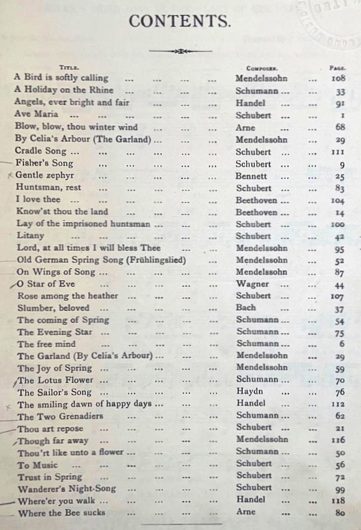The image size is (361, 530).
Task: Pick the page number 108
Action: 338,78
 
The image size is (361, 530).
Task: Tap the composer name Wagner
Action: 253,284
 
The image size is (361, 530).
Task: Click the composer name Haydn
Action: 250,391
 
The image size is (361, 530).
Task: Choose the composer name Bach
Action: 246,308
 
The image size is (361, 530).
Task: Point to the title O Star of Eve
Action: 46,284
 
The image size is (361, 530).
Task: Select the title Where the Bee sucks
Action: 62,513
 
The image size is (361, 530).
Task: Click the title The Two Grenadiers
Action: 60,416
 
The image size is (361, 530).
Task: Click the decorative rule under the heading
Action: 180,51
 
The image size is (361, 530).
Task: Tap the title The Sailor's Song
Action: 54,392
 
